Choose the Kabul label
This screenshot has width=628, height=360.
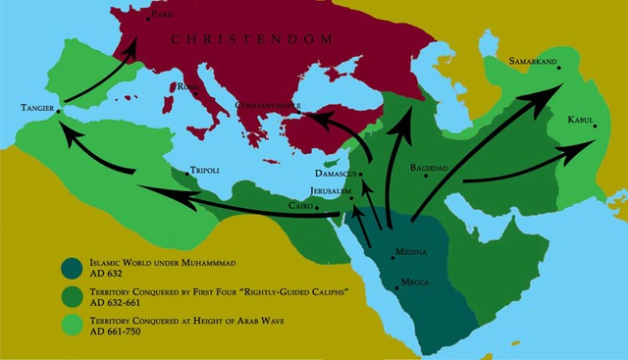[x=580, y=120]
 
